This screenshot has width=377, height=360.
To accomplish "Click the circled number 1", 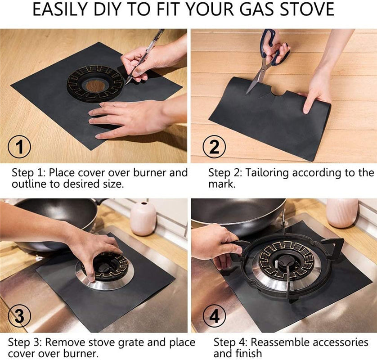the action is [19, 147].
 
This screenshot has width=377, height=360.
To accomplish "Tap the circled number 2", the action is [214, 147].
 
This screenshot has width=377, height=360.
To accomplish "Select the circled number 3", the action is [19, 316].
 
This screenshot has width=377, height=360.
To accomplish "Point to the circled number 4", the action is [214, 316].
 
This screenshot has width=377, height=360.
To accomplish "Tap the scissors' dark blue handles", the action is [274, 47].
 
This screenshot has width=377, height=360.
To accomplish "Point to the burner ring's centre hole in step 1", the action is [95, 85].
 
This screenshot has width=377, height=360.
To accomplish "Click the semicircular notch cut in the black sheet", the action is [278, 93].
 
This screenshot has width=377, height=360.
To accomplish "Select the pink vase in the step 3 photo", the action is [143, 219].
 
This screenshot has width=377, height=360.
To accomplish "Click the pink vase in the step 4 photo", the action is [342, 213].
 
